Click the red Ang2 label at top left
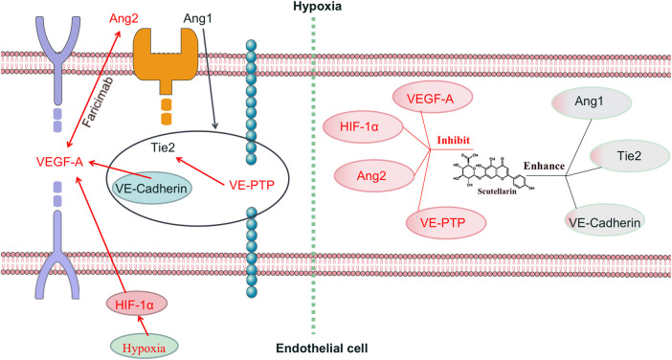(x=123, y=19)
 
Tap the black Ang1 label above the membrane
(x=197, y=19)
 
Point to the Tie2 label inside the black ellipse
(x=163, y=147)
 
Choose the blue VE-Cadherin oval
(x=151, y=189)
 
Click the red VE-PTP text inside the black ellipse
(x=252, y=185)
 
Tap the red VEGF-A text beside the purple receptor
(x=59, y=162)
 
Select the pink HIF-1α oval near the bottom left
(x=136, y=304)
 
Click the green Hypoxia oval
(x=144, y=347)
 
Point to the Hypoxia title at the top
(x=318, y=7)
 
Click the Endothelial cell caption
(x=322, y=348)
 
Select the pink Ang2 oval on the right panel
(x=371, y=176)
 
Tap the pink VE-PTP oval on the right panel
(x=446, y=222)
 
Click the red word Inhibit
(x=454, y=140)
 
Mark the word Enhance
(x=544, y=166)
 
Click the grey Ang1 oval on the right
(x=591, y=102)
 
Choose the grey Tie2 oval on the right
(x=630, y=156)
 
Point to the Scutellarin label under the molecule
(x=497, y=191)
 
